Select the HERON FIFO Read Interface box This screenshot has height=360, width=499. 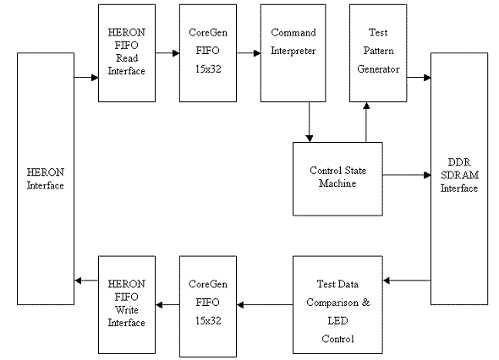point(127,52)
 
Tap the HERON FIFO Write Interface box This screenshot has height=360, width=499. point(127,304)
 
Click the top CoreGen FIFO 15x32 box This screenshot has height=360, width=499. point(207,52)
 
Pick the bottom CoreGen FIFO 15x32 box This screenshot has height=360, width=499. point(207,304)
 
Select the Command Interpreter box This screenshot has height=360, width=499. point(293,52)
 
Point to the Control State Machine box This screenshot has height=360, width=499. point(337,178)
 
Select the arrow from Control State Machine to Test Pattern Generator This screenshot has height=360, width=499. point(365,122)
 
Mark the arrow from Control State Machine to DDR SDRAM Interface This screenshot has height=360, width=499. point(406,176)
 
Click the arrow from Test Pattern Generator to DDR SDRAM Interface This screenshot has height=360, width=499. point(419,78)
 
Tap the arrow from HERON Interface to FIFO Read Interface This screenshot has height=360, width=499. point(86,78)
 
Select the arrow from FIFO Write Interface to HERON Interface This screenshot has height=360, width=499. point(86,280)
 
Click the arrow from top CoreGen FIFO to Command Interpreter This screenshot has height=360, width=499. point(247,52)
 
